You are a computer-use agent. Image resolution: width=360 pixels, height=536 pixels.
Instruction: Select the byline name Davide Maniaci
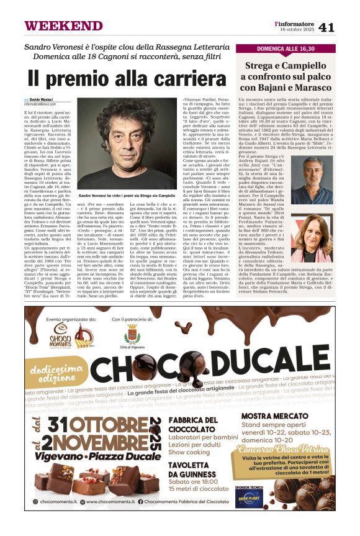tap(41, 99)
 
